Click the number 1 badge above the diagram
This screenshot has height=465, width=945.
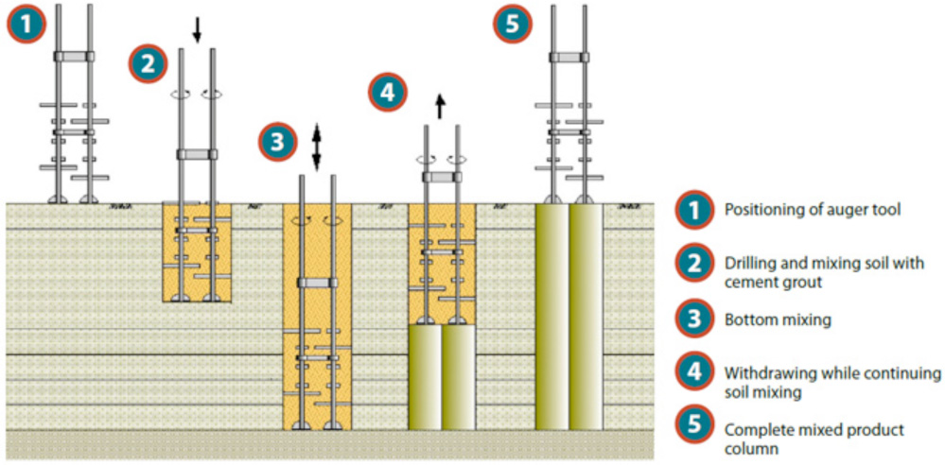point(26,25)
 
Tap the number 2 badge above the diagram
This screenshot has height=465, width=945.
point(148,63)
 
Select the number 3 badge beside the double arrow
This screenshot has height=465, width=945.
point(275,143)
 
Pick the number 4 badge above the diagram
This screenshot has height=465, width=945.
point(387,93)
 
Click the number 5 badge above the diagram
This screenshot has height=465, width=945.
point(512,25)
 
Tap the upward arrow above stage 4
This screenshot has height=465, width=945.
point(440,104)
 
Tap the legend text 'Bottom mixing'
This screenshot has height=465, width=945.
point(778,320)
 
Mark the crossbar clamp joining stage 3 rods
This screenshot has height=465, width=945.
point(317,283)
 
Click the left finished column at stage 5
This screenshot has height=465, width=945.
point(551,318)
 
